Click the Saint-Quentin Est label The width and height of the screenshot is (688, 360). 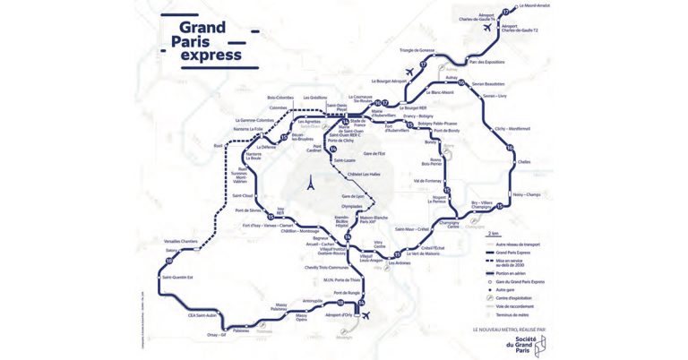(x=178, y=277)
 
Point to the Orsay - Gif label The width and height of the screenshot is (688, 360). (x=219, y=335)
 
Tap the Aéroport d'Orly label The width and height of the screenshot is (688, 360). (x=340, y=315)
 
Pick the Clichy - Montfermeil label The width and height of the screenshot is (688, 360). (x=513, y=129)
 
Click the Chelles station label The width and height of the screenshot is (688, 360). (x=525, y=162)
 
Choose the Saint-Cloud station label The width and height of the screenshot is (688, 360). (x=243, y=195)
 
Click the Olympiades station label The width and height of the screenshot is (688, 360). (x=352, y=206)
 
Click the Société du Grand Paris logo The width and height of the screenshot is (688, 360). (x=553, y=344)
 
